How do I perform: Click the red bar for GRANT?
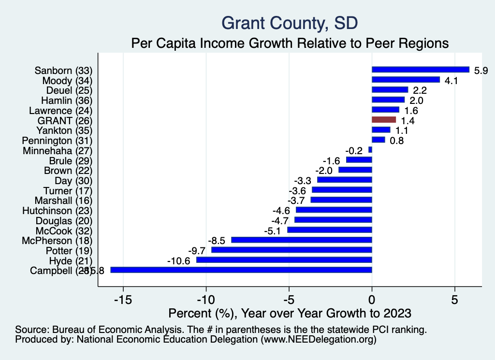[x=384, y=120]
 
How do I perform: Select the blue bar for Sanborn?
[x=421, y=70]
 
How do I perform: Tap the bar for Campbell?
[x=241, y=270]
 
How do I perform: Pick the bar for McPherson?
[x=302, y=240]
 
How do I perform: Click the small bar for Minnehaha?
[x=370, y=150]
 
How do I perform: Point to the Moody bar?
[x=406, y=80]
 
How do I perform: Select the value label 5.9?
[x=481, y=71]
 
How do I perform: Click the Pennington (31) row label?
[x=57, y=141]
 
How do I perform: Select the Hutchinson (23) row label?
[x=57, y=211]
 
